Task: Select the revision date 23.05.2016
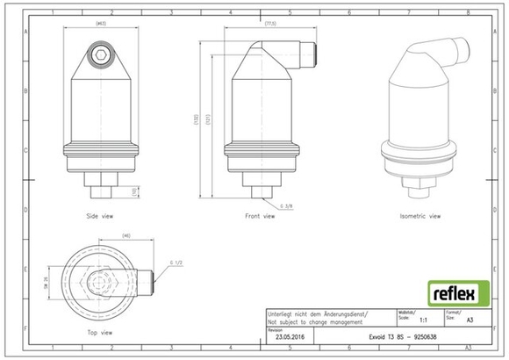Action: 290,336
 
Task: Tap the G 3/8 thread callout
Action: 286,206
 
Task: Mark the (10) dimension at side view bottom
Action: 133,191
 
